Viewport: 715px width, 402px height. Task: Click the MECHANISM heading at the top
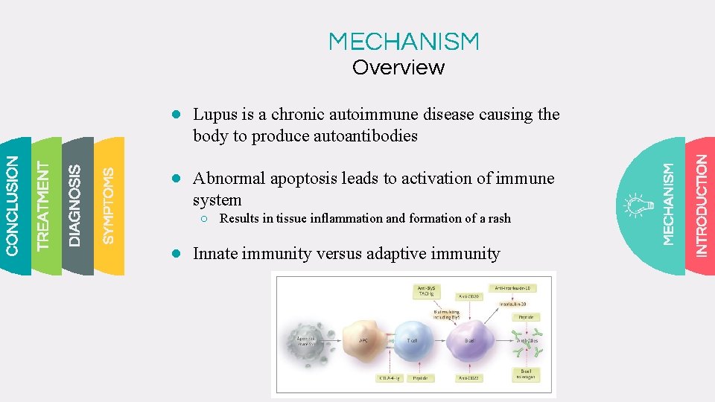[x=404, y=41]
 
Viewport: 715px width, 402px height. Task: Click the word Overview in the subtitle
[x=398, y=68]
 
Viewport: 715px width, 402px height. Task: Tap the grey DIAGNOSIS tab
[x=75, y=205]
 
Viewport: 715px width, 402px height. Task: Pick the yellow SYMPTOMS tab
[x=109, y=205]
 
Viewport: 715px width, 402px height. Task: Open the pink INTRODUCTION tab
[x=701, y=205]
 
